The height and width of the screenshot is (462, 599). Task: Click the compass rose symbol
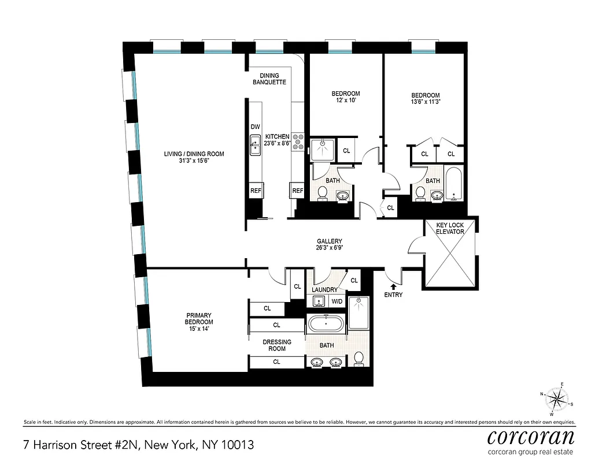click(557, 398)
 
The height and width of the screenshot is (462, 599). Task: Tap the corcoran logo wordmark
click(531, 436)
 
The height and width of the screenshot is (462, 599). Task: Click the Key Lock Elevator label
click(450, 228)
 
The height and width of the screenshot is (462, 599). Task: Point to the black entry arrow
click(393, 285)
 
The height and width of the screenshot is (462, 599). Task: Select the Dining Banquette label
click(269, 79)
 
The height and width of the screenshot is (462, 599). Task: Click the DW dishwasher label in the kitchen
click(256, 127)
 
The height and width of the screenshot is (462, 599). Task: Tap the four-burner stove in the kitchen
click(299, 142)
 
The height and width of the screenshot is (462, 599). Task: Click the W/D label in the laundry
click(337, 301)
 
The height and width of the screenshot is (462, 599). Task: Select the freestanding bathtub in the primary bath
click(326, 324)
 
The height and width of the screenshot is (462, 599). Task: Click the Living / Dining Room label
click(194, 158)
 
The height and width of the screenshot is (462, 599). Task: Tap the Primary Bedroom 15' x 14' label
click(199, 322)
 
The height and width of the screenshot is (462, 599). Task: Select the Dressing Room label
click(277, 345)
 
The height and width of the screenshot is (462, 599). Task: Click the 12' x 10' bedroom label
click(345, 97)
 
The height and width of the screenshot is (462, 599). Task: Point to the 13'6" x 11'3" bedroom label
click(425, 99)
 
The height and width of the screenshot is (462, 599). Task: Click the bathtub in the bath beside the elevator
click(454, 183)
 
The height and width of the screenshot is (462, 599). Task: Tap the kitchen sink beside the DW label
click(255, 144)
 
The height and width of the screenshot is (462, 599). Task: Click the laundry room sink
click(317, 301)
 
